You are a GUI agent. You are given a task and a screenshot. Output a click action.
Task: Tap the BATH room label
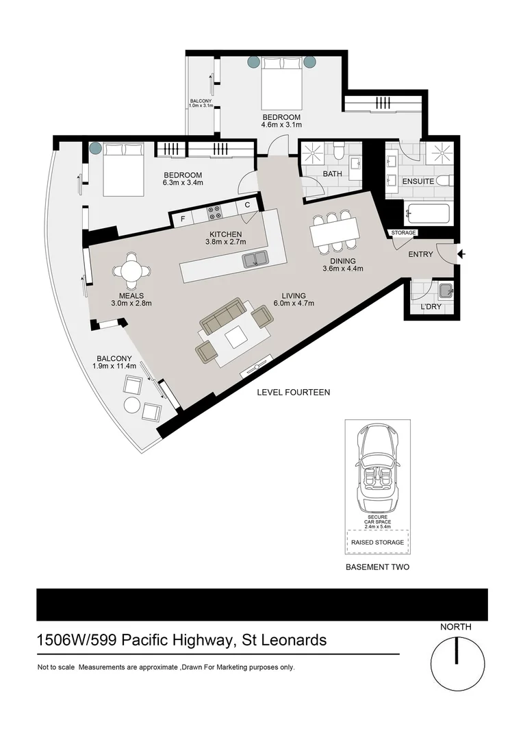coord(332,174)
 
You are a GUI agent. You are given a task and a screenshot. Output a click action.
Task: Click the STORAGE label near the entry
coord(403,233)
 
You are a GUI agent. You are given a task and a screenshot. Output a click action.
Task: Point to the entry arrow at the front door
coord(461,254)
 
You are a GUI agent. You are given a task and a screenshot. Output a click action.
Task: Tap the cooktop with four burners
coord(214,213)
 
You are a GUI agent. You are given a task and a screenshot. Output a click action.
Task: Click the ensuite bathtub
coord(427,214)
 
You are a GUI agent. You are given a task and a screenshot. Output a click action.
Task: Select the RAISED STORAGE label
coord(378,542)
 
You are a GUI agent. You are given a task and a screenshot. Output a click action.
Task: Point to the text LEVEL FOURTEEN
coord(293,393)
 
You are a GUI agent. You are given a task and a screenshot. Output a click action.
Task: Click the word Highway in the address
coord(201,641)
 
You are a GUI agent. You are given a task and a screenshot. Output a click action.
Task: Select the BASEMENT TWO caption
coord(377,567)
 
